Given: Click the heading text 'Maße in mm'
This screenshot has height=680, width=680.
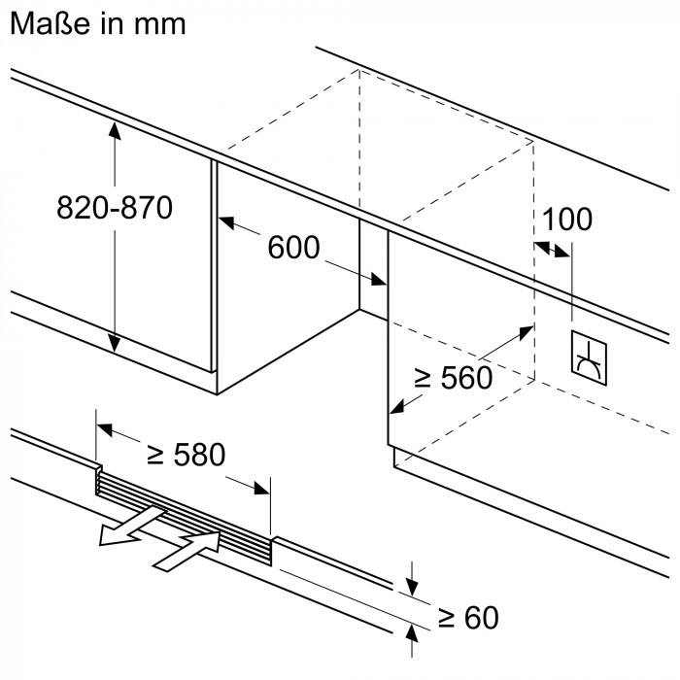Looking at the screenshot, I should click(x=96, y=23).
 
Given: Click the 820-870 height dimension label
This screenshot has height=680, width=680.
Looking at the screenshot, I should click(x=114, y=207).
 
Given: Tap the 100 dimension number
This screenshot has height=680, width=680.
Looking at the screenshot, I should click(x=567, y=219).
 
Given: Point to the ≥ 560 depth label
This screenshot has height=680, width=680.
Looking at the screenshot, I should click(x=454, y=377).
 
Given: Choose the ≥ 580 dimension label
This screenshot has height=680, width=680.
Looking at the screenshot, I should click(x=185, y=454).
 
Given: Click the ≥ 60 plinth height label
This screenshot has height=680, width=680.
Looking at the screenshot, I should click(x=467, y=617).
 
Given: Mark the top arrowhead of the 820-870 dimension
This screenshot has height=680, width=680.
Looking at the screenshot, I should click(x=115, y=131).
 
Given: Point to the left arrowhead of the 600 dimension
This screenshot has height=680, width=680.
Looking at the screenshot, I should click(x=227, y=224).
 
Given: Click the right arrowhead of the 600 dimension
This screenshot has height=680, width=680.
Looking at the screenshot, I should click(x=380, y=281).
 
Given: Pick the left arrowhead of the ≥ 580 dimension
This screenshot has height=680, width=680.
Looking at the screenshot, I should click(x=103, y=426).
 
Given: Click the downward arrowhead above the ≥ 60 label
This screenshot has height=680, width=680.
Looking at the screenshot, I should click(x=413, y=586).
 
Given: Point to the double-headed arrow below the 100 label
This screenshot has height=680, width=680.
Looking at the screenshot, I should click(x=554, y=250).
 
